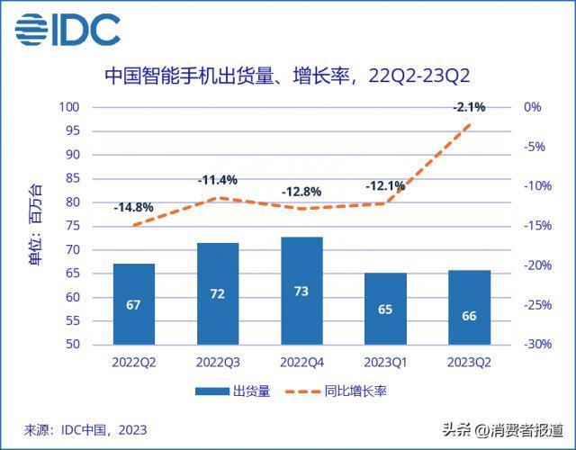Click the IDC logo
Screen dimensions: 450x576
click(x=68, y=30)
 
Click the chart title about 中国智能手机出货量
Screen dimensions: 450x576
click(x=287, y=75)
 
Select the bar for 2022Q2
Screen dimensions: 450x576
click(x=133, y=304)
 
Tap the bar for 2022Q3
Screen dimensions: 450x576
click(x=217, y=293)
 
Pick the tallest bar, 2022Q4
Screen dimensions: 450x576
click(x=301, y=291)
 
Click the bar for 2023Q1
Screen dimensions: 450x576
click(x=385, y=309)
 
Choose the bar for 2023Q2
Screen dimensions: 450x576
click(x=469, y=307)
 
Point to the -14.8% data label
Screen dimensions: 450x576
click(x=133, y=208)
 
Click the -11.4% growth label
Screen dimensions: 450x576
click(x=217, y=180)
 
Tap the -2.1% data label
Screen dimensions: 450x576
click(x=469, y=107)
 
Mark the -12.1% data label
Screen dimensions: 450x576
click(x=385, y=186)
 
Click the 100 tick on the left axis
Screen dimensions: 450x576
click(x=94, y=107)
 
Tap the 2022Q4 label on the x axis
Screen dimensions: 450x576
click(x=301, y=362)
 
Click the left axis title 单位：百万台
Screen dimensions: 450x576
click(x=34, y=225)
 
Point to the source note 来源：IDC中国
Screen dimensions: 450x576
click(x=85, y=430)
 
